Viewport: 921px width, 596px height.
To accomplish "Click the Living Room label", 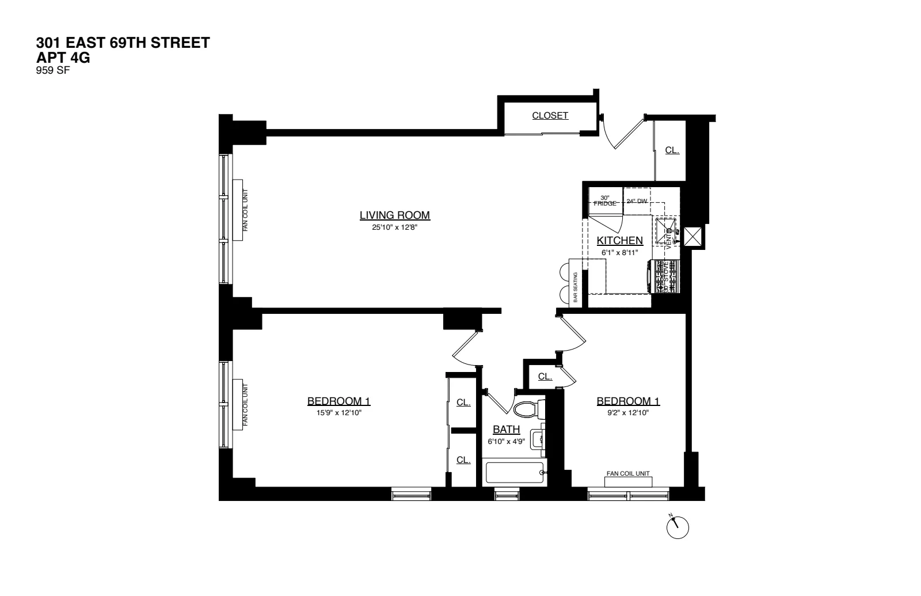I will pos(394,215).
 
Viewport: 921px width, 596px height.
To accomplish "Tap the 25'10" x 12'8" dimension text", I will pos(394,227).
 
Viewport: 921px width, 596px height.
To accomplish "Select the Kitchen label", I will pos(619,241).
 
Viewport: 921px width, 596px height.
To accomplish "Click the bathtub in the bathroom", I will pos(514,473).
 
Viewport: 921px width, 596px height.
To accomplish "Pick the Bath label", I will pos(506,430).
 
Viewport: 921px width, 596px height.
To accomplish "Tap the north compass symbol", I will pos(678,526).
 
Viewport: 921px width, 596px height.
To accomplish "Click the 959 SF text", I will pos(52,71).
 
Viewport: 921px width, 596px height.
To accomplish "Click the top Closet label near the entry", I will pos(550,116).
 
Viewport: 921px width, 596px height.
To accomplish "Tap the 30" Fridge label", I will pos(604,200).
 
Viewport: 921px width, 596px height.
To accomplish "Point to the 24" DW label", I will pos(637,202).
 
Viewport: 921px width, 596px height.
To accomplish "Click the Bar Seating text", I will pos(575,287).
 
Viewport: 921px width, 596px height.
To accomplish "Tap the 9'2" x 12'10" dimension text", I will pos(627,413).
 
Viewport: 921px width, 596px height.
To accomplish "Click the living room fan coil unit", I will pos(238,210).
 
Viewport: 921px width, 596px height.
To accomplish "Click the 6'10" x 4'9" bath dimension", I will pos(506,442).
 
